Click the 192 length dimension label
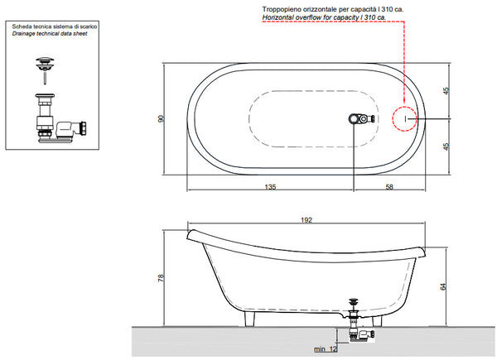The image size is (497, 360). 306,220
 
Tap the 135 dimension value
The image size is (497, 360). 270,187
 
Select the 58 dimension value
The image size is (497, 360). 389,187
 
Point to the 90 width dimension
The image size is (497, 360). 162,118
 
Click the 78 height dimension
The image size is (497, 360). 161,278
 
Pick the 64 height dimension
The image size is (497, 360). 443,286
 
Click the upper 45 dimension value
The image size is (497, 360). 446,91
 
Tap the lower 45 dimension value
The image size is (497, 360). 446,146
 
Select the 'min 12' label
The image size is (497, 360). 326,349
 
